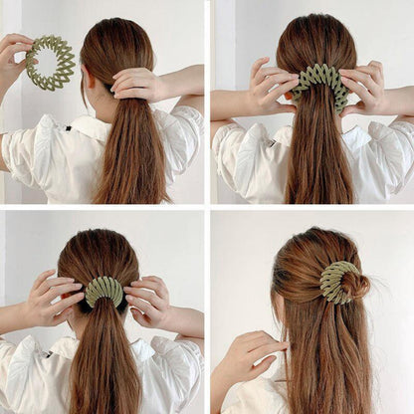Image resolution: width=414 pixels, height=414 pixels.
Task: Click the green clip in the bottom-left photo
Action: pyautogui.click(x=103, y=290)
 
